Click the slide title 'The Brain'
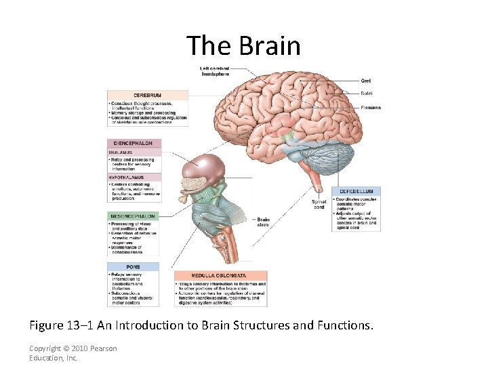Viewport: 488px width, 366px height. pos(243,45)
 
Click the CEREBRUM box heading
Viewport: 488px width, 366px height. pos(147,96)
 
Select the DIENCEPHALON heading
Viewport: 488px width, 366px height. pos(134,144)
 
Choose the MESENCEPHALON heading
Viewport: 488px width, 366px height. pos(132,216)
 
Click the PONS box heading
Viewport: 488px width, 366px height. pos(133,266)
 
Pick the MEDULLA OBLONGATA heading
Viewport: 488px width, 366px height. pos(220,276)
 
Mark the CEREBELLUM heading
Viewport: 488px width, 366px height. pos(356,191)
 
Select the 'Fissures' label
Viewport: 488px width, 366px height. pos(371,107)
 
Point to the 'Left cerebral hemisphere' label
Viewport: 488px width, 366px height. pos(214,70)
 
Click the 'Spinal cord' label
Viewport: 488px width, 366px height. pos(319,204)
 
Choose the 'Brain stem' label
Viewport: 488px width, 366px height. pos(263,222)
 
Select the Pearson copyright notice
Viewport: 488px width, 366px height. pos(73,352)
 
